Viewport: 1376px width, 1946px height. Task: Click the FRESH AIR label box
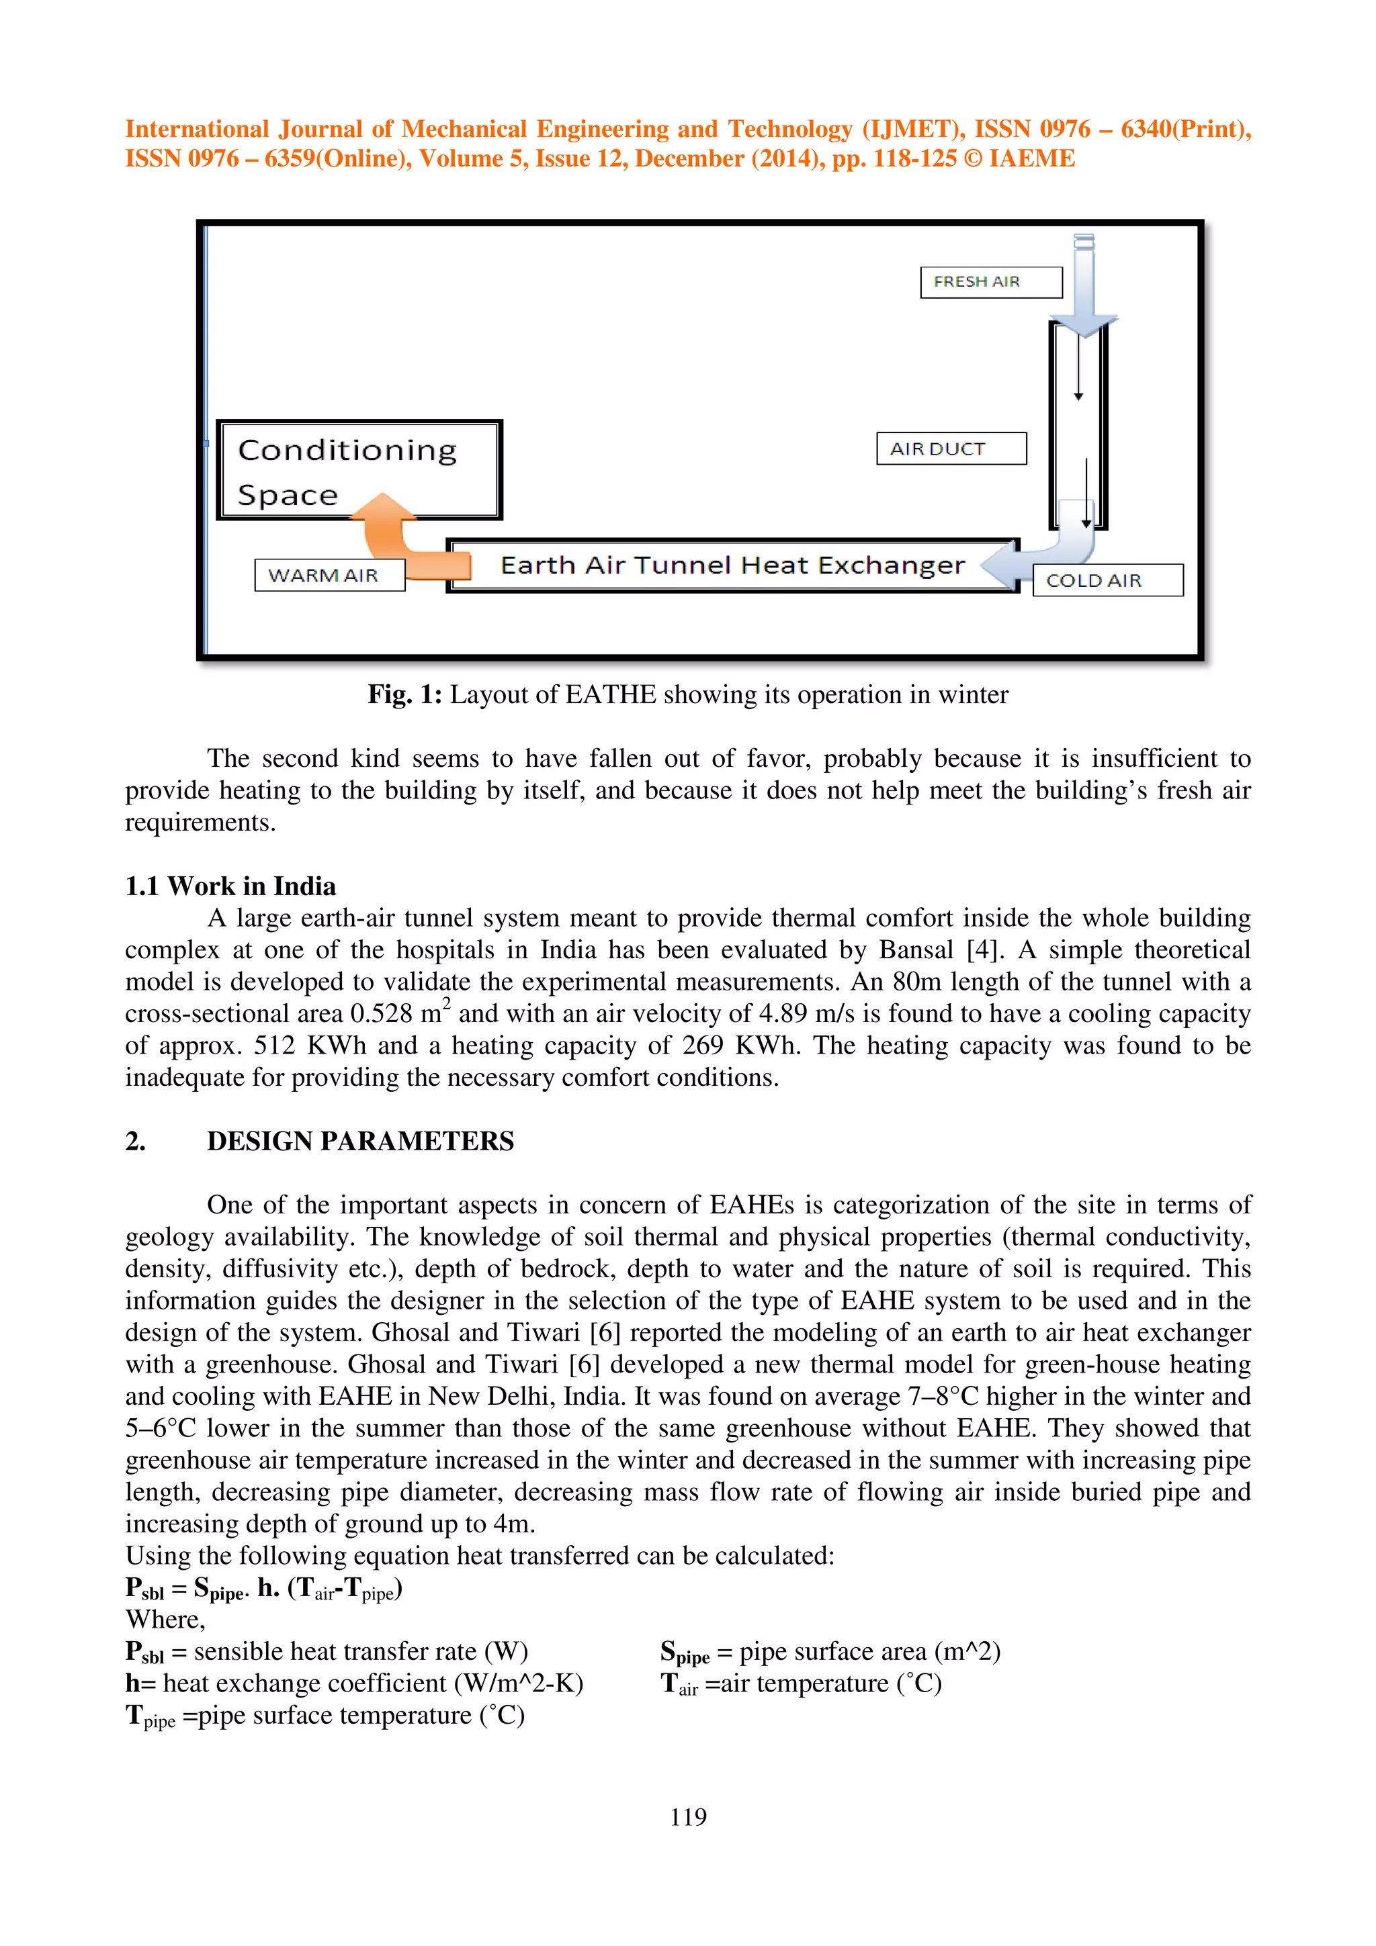[990, 282]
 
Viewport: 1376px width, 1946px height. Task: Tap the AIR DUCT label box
[951, 449]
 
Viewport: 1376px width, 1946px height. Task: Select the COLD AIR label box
[1107, 581]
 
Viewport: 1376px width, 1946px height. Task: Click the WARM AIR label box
[329, 575]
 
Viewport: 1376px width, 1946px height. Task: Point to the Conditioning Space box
[359, 471]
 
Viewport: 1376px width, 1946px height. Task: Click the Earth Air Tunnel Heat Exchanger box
[732, 565]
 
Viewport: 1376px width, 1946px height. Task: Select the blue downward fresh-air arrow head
[1084, 326]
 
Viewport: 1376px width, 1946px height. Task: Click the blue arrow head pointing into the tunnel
[1000, 565]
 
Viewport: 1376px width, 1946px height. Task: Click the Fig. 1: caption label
[404, 695]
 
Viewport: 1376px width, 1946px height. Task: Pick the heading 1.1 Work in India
[230, 886]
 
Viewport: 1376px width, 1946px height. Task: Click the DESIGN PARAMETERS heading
[360, 1142]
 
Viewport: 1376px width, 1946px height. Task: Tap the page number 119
[687, 1816]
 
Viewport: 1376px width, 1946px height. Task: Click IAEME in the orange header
[1032, 159]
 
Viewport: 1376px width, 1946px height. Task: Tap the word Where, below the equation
[165, 1620]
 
